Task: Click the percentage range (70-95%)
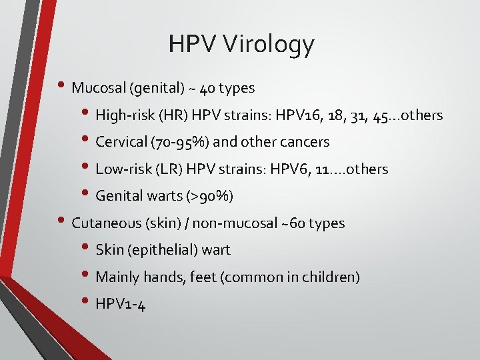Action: tap(175, 142)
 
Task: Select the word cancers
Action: tap(305, 142)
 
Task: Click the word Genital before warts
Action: tap(118, 196)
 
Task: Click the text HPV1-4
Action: tap(120, 305)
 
